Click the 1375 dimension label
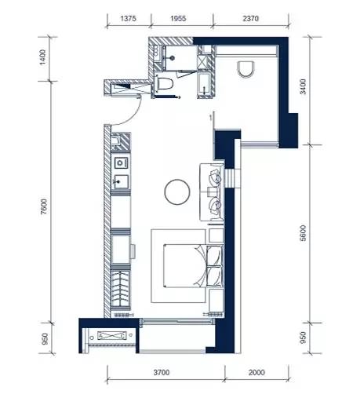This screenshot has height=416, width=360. (x=128, y=19)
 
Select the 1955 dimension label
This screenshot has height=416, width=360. (x=178, y=19)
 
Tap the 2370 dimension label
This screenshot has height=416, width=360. (x=250, y=19)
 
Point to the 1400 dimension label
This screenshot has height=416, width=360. (x=42, y=57)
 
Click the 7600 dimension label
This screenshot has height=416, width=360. (x=44, y=206)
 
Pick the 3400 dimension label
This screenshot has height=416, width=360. (x=303, y=86)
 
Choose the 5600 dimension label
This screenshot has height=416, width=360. (x=303, y=233)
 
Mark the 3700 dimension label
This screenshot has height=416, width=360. (x=162, y=373)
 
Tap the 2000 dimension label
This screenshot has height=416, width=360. (x=256, y=373)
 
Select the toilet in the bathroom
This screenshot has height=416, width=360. (x=165, y=83)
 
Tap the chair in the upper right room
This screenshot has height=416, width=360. (x=246, y=70)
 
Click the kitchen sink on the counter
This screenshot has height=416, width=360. (x=121, y=182)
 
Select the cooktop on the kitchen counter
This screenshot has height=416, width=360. (x=121, y=163)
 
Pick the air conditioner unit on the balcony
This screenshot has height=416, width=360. (x=112, y=336)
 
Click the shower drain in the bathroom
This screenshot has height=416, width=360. (x=173, y=57)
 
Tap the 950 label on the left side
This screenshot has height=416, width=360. (x=45, y=339)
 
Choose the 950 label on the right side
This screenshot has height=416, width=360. (x=303, y=338)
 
